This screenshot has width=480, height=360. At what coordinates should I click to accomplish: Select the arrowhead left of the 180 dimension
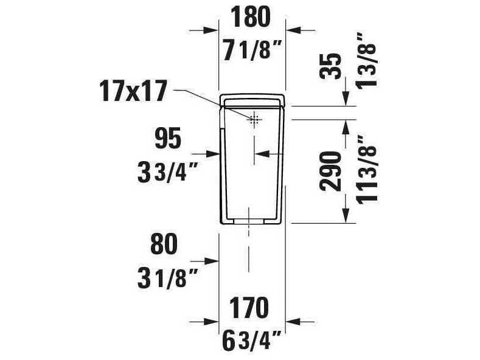click(213, 30)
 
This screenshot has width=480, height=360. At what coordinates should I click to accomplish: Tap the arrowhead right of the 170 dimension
click(291, 320)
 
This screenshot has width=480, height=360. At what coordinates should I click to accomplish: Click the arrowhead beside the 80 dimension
click(213, 261)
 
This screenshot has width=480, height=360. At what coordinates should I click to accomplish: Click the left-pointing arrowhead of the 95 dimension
click(259, 154)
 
